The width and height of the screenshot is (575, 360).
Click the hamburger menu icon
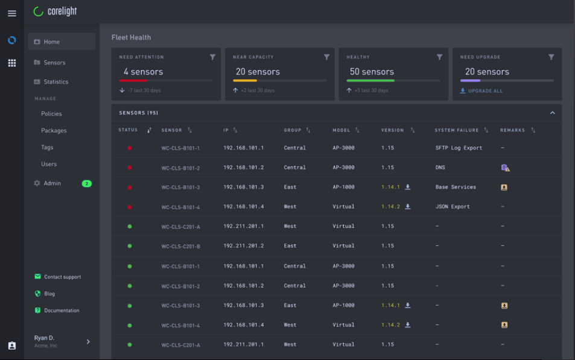pyautogui.click(x=11, y=13)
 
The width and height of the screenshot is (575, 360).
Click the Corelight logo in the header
pyautogui.click(x=56, y=11)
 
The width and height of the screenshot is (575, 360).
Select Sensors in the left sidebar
pyautogui.click(x=54, y=63)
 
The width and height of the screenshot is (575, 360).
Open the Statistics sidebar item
pyautogui.click(x=56, y=82)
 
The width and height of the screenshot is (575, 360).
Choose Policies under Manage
pyautogui.click(x=51, y=114)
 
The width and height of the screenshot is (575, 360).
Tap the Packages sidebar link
pyautogui.click(x=54, y=131)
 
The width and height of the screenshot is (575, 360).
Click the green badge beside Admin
pyautogui.click(x=86, y=183)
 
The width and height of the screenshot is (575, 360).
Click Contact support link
pyautogui.click(x=62, y=277)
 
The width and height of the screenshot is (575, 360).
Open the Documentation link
pyautogui.click(x=62, y=311)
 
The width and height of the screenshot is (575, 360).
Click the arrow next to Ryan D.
pyautogui.click(x=88, y=342)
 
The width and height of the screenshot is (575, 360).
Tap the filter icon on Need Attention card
pyautogui.click(x=212, y=57)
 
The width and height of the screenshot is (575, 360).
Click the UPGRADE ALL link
pyautogui.click(x=485, y=91)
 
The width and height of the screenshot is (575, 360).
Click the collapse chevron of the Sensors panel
pyautogui.click(x=552, y=113)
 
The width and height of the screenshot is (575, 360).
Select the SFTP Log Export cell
pyautogui.click(x=459, y=148)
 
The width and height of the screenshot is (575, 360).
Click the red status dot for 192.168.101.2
pyautogui.click(x=130, y=168)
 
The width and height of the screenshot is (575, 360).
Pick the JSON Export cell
pyautogui.click(x=452, y=207)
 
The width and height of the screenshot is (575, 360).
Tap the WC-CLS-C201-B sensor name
pyautogui.click(x=180, y=247)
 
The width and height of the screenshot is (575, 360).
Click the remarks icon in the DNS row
pyautogui.click(x=505, y=168)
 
